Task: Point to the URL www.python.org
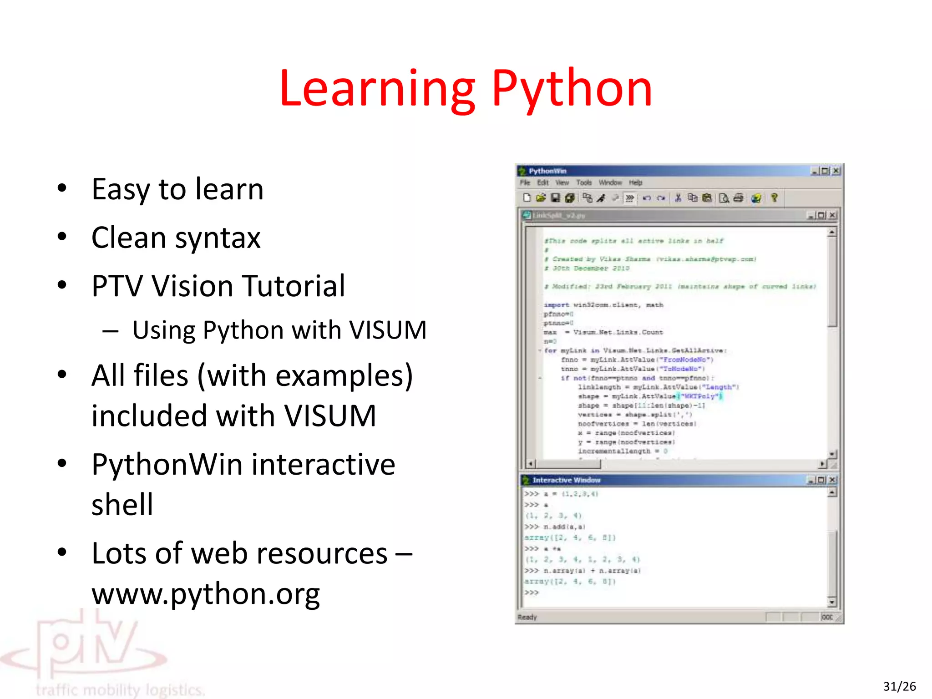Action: pyautogui.click(x=206, y=594)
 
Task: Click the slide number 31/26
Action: pyautogui.click(x=899, y=686)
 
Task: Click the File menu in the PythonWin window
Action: pyautogui.click(x=525, y=183)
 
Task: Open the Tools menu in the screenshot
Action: pyautogui.click(x=584, y=183)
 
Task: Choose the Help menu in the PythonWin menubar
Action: pyautogui.click(x=635, y=183)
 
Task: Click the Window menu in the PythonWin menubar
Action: pyautogui.click(x=610, y=183)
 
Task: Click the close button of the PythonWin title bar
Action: pyautogui.click(x=836, y=171)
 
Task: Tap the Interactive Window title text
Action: pyautogui.click(x=566, y=480)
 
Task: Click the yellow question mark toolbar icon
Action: pyautogui.click(x=775, y=198)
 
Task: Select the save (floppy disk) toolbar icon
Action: pyautogui.click(x=555, y=198)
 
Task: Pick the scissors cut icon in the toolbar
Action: pyautogui.click(x=678, y=198)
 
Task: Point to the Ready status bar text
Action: pyautogui.click(x=527, y=618)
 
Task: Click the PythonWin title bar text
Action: pyautogui.click(x=547, y=171)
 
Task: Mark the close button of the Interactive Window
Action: pyautogui.click(x=832, y=480)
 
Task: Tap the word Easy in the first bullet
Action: pyautogui.click(x=120, y=189)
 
